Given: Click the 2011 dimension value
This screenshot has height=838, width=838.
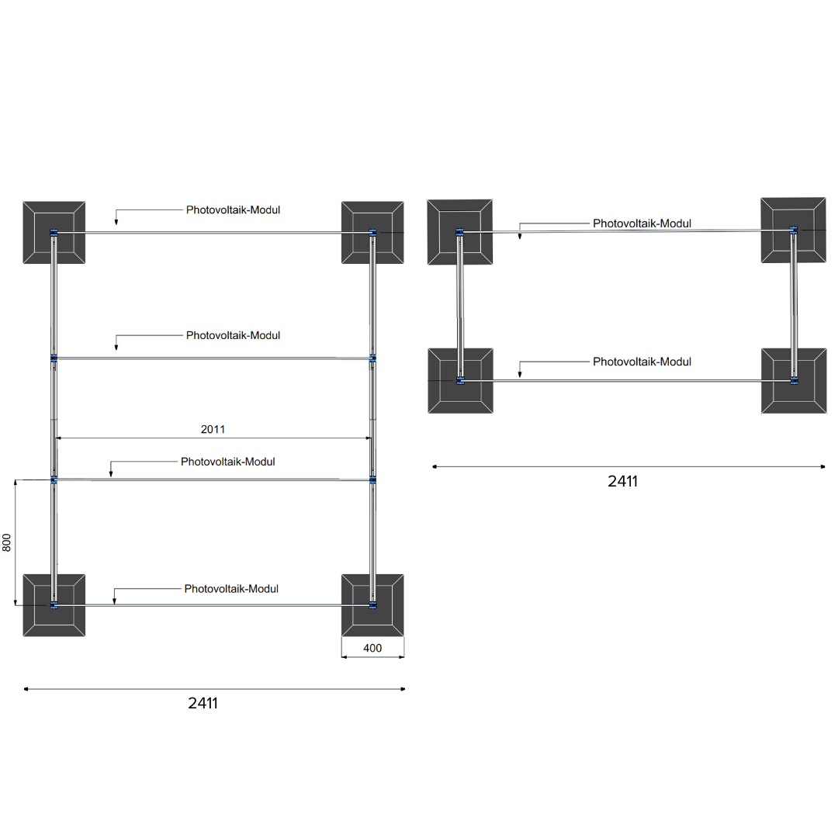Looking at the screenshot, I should tap(213, 428).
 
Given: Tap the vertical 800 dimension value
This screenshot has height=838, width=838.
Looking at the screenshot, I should tap(7, 542).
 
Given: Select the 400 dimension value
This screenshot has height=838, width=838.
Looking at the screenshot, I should tap(372, 648).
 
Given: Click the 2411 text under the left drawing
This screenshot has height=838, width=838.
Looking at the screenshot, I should tap(203, 704).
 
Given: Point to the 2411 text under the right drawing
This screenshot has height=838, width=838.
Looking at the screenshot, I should tap(622, 481).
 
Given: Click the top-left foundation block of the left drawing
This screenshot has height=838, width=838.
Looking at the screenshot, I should tap(54, 233).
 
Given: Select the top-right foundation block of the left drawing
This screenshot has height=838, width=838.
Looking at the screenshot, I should tap(372, 233).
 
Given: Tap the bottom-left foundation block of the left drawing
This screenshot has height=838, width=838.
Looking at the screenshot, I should tap(54, 605).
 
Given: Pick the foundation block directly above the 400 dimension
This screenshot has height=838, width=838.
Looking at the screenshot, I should tap(372, 605).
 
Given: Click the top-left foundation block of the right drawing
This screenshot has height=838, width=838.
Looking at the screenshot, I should tap(460, 232).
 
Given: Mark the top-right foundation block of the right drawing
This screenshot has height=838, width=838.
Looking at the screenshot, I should tap(793, 230).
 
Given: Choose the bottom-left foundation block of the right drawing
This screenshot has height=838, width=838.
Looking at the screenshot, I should tap(460, 380).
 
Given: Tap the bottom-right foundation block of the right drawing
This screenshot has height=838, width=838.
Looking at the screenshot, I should tap(793, 380).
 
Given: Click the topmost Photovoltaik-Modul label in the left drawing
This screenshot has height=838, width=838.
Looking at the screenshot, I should tap(233, 209).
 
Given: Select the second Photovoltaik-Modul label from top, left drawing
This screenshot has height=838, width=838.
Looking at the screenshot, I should tap(233, 335).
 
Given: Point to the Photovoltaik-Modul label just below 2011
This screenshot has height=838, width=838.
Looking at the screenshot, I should tap(228, 462).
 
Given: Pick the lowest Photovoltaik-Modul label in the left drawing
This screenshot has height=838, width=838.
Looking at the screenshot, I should tap(231, 589).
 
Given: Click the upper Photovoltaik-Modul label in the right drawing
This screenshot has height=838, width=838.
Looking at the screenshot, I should tap(642, 223).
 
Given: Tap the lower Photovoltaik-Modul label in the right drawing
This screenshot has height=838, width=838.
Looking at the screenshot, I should tap(642, 362).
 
